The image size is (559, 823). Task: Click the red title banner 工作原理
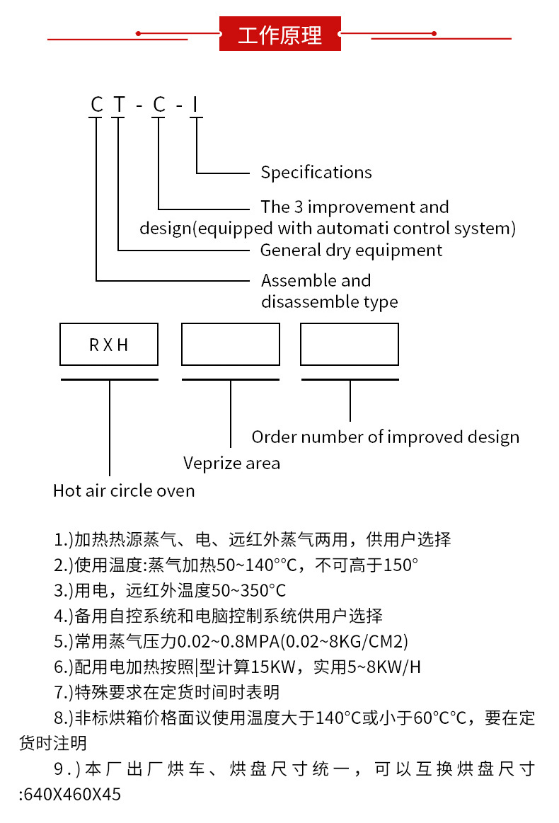(279, 34)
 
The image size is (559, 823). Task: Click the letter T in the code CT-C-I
(120, 105)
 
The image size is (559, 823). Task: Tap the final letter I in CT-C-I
(196, 105)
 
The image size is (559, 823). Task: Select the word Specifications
(316, 172)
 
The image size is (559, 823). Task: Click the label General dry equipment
(351, 250)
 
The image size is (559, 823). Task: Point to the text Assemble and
(316, 280)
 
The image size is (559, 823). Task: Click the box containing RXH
(109, 345)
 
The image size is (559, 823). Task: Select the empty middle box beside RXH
(230, 345)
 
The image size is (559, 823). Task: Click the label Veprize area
(231, 463)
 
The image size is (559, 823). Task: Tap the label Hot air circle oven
(124, 490)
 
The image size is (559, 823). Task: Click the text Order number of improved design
(385, 437)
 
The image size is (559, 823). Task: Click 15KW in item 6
(284, 667)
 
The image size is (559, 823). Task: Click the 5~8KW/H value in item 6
(386, 667)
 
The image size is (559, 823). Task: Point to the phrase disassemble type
(329, 302)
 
